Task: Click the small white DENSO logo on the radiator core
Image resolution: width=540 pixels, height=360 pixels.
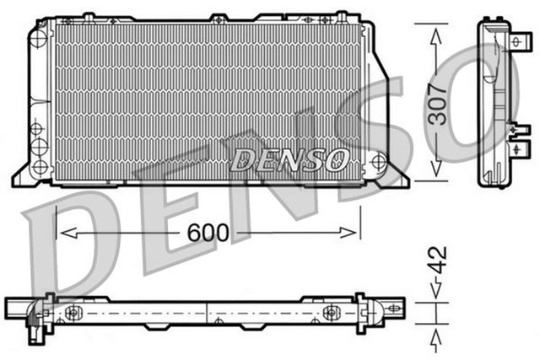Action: (288, 159)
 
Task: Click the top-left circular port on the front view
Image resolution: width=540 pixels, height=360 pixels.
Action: (40, 36)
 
